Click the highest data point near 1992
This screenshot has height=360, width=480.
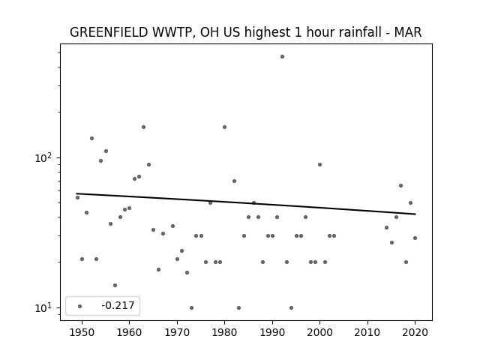(x=282, y=57)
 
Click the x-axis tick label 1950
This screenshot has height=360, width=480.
(x=82, y=332)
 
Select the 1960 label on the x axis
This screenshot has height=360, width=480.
(x=129, y=332)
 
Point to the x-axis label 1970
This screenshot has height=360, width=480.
(x=177, y=332)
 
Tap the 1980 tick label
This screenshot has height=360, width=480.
(x=224, y=332)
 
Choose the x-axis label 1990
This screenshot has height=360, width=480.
(x=272, y=332)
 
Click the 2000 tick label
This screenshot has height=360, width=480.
(x=319, y=332)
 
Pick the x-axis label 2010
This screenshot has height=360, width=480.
(x=367, y=332)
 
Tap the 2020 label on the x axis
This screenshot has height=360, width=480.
(x=415, y=332)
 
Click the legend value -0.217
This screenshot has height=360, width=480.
(x=118, y=305)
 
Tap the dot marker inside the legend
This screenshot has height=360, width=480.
(x=80, y=306)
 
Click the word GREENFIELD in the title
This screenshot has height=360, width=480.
(x=109, y=32)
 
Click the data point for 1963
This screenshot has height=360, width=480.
(x=143, y=127)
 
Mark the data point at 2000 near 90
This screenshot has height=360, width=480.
(x=320, y=165)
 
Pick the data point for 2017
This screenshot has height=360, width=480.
(x=400, y=185)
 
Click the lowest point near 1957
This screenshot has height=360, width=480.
(x=115, y=285)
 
